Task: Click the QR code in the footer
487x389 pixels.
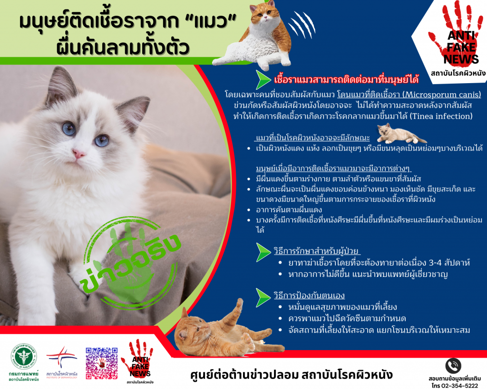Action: click(102, 363)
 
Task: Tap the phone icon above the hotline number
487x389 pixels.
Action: click(453, 366)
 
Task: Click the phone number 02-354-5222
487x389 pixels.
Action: click(459, 386)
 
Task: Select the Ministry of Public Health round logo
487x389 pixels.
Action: click(24, 356)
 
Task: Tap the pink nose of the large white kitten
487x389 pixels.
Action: click(78, 153)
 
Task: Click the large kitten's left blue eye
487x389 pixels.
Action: click(68, 128)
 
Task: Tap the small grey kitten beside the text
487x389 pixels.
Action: click(400, 134)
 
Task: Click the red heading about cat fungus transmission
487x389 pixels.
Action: click(346, 79)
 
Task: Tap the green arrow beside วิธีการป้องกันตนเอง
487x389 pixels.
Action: click(263, 297)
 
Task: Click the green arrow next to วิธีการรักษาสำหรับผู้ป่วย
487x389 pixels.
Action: click(263, 253)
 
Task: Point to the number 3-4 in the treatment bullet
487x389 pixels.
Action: click(435, 263)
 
